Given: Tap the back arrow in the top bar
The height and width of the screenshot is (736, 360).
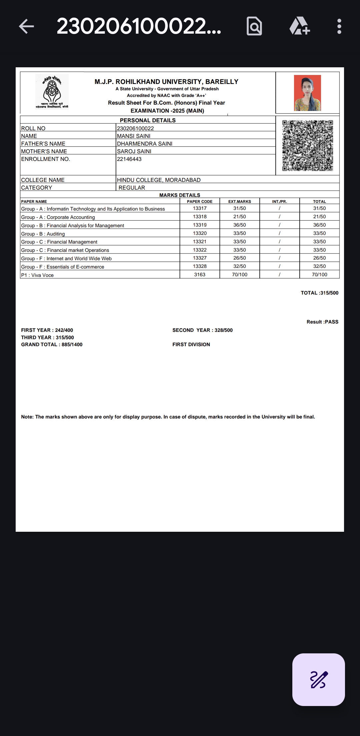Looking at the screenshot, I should tap(27, 26).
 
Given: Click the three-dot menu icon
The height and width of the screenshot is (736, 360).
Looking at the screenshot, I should tap(339, 26).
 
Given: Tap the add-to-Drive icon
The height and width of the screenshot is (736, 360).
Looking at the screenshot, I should tap(299, 26).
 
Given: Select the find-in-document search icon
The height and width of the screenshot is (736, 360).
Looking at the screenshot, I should tap(254, 26).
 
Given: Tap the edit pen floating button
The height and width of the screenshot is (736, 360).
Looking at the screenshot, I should tap(318, 679).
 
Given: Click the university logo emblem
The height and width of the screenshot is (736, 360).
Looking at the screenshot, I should tap(52, 91).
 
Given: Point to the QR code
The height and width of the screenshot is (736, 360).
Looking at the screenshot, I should tap(307, 145).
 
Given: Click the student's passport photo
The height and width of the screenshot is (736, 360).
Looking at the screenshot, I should tap(307, 93).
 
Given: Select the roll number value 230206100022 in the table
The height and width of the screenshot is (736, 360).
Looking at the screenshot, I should tap(135, 128).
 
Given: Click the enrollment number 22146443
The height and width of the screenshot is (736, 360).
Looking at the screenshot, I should tap(129, 159).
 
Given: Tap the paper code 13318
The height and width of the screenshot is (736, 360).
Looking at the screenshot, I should tap(200, 217).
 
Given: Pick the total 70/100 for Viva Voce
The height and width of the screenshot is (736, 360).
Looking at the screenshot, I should tap(319, 275).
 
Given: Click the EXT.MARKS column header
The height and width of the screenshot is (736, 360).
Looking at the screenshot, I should tap(239, 202).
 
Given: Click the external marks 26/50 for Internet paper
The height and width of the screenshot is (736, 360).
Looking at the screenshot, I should tap(239, 258).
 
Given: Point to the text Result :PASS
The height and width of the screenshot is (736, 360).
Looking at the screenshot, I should tap(322, 322).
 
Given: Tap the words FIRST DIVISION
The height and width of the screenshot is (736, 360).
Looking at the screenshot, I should tap(191, 345).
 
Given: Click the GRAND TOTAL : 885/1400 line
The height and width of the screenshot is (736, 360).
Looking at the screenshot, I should tap(52, 345).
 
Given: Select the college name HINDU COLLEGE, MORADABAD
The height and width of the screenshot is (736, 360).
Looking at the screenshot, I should tap(159, 180).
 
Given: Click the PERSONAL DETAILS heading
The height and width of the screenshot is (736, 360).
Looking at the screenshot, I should tap(148, 120).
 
